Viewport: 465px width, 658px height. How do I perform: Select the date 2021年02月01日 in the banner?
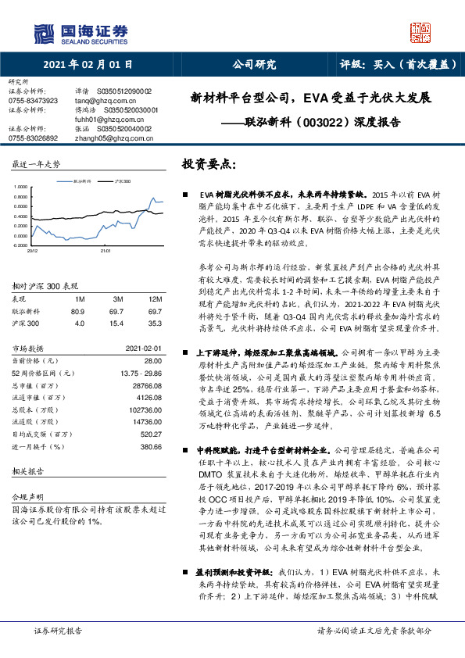pyautogui.click(x=87, y=64)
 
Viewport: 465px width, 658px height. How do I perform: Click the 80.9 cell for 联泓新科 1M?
pyautogui.click(x=77, y=310)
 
